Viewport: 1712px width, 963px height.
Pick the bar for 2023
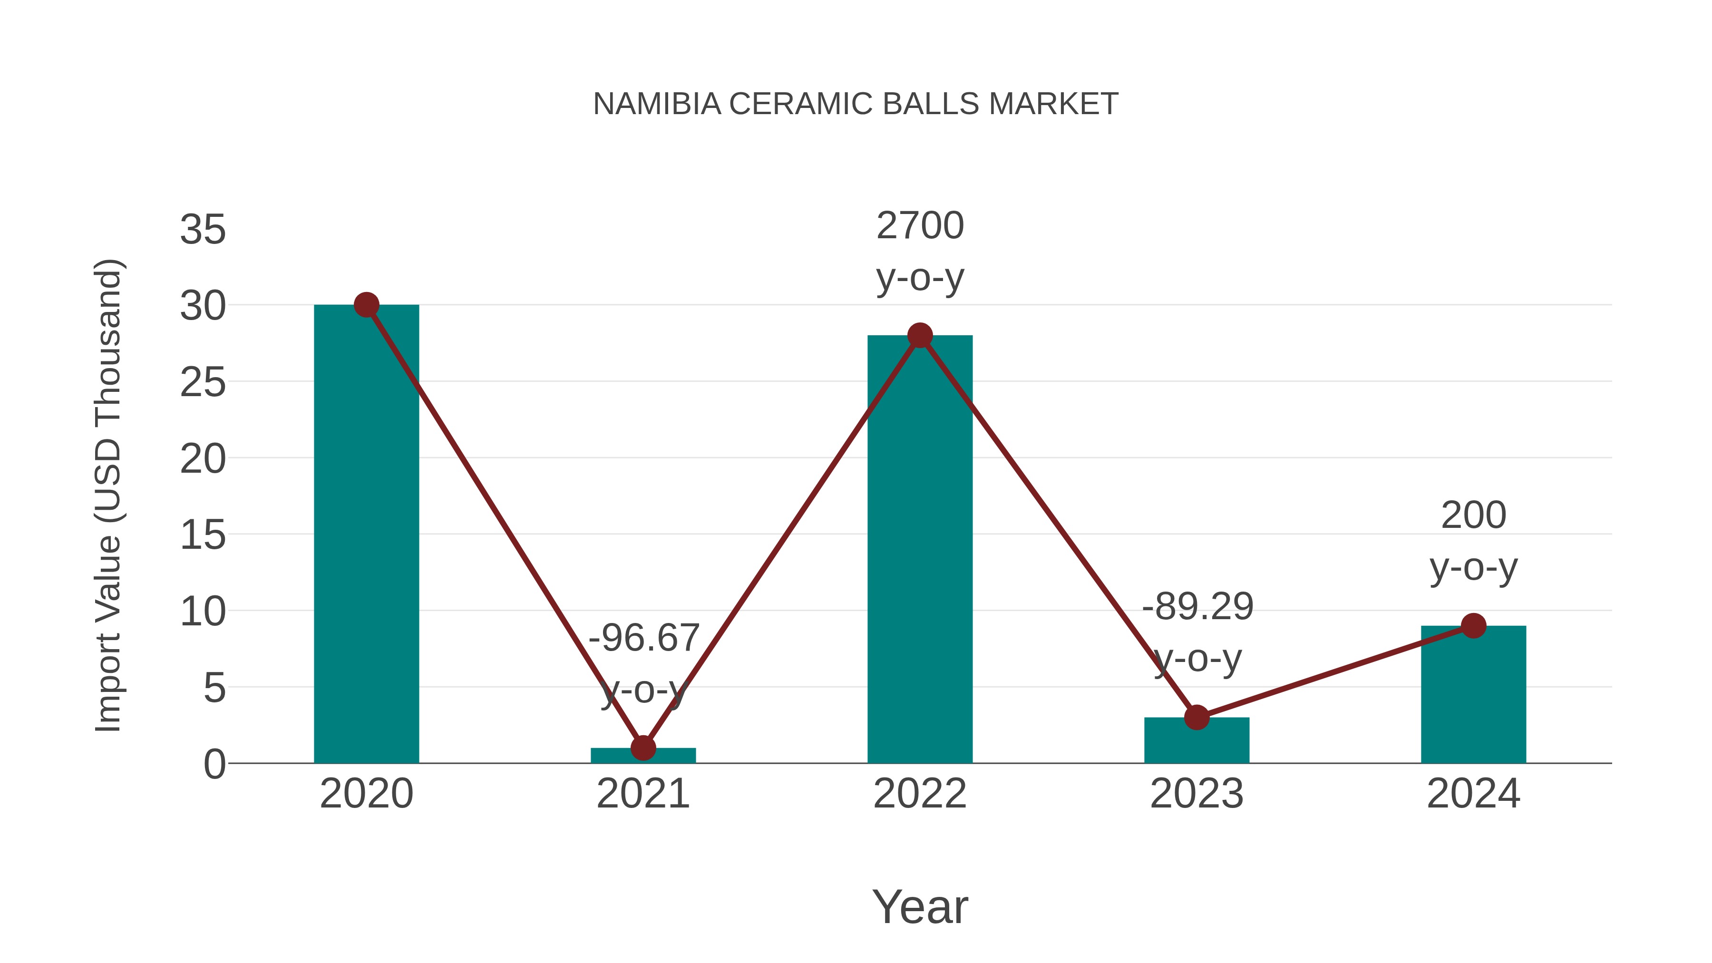pos(1196,741)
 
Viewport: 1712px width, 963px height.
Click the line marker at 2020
pos(366,305)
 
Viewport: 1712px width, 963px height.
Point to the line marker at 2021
pos(643,748)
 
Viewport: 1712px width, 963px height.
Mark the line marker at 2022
pos(920,336)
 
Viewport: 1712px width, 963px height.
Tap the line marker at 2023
pos(1196,718)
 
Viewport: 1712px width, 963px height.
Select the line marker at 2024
pos(1473,625)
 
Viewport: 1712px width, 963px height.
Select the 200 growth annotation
pos(1473,541)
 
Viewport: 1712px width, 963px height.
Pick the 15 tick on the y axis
pos(203,535)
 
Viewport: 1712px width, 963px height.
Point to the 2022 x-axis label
pos(920,794)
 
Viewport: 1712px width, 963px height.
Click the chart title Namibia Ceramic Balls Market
pos(856,104)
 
